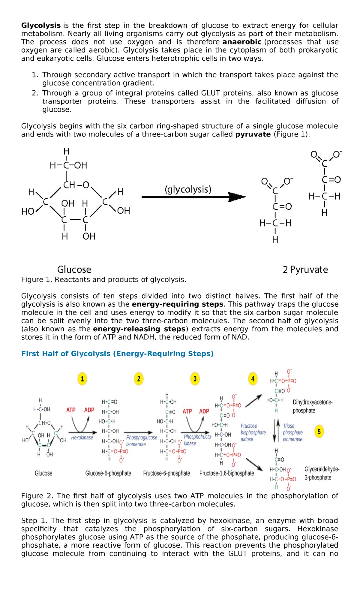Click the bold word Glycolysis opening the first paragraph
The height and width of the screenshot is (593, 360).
41,26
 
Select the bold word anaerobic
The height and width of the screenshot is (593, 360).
242,42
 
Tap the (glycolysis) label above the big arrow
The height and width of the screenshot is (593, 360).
188,189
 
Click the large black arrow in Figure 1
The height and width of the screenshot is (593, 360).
193,197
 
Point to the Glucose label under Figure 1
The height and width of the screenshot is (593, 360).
74,269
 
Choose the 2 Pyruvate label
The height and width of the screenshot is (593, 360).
305,269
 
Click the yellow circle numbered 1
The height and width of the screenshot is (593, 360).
82,379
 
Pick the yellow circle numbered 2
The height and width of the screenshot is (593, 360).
139,379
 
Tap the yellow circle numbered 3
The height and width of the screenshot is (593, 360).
195,379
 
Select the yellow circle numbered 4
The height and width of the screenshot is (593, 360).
253,379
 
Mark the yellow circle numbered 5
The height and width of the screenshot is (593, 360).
319,432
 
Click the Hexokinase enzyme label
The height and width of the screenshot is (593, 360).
82,438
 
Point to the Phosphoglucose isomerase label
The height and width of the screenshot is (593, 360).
142,441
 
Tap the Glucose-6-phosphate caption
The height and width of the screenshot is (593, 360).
108,473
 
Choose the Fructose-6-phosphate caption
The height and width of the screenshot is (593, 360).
166,473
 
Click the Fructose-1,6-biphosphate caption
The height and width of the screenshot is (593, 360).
227,473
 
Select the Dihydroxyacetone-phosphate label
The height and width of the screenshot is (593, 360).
313,406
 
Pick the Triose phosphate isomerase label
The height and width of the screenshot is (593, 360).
292,432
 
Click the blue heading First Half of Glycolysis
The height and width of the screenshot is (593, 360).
117,354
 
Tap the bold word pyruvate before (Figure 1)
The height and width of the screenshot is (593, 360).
253,134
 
